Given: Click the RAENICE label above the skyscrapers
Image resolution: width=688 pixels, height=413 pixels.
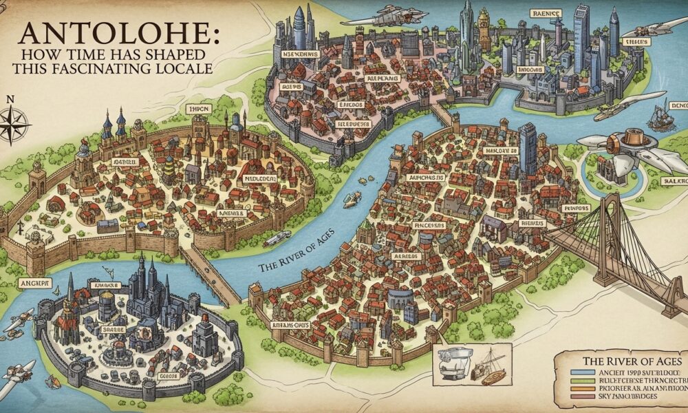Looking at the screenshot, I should [547, 12].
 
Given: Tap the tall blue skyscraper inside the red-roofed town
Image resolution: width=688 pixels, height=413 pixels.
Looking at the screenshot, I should [528, 148].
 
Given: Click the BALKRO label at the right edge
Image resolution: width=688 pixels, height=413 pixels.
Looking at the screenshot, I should [671, 180].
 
